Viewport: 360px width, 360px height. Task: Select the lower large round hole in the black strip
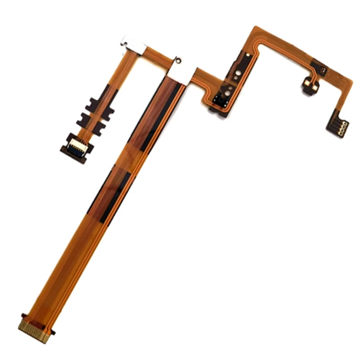pos(228,93)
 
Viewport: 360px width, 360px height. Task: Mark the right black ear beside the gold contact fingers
pos(53,333)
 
